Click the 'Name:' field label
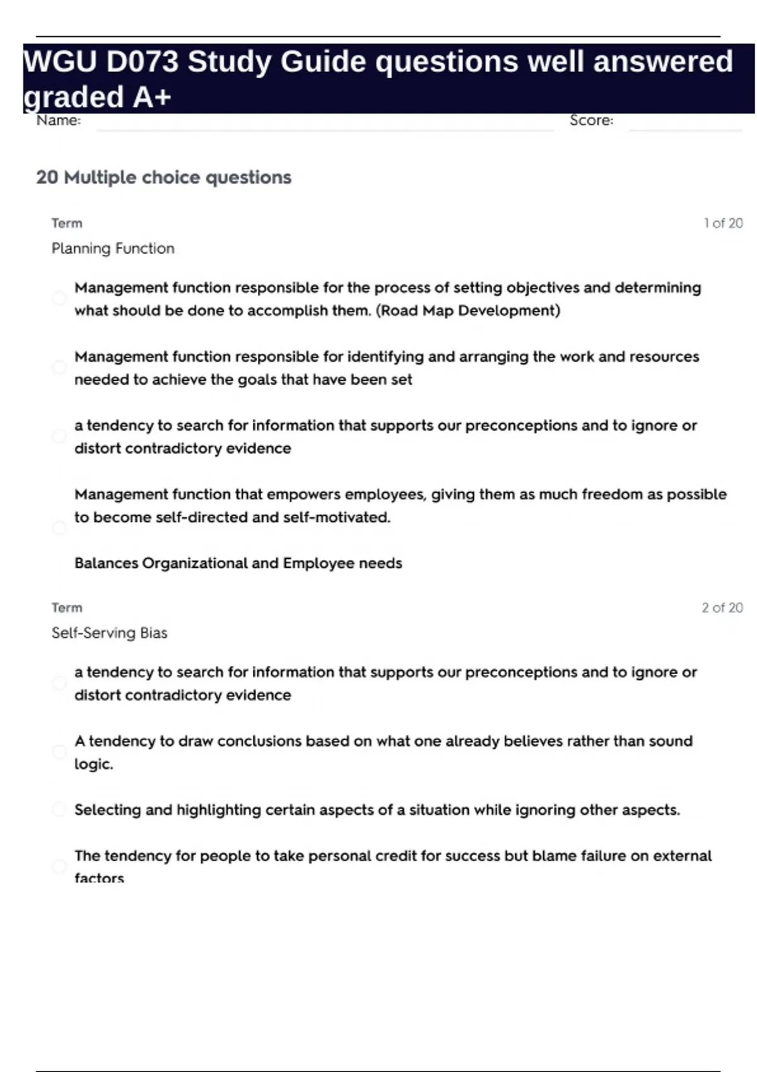[59, 120]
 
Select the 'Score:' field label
[591, 120]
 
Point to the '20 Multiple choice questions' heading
[164, 177]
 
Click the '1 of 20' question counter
[723, 223]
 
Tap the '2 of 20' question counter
[722, 608]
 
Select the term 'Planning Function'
[113, 248]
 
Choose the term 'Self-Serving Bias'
[109, 633]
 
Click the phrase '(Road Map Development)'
[467, 311]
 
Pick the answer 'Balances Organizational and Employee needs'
[238, 563]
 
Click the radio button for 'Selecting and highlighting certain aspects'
[59, 809]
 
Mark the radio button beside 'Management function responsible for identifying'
[59, 367]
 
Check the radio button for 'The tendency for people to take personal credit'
[59, 866]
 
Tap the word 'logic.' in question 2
[93, 764]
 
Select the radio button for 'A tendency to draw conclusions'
[59, 752]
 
